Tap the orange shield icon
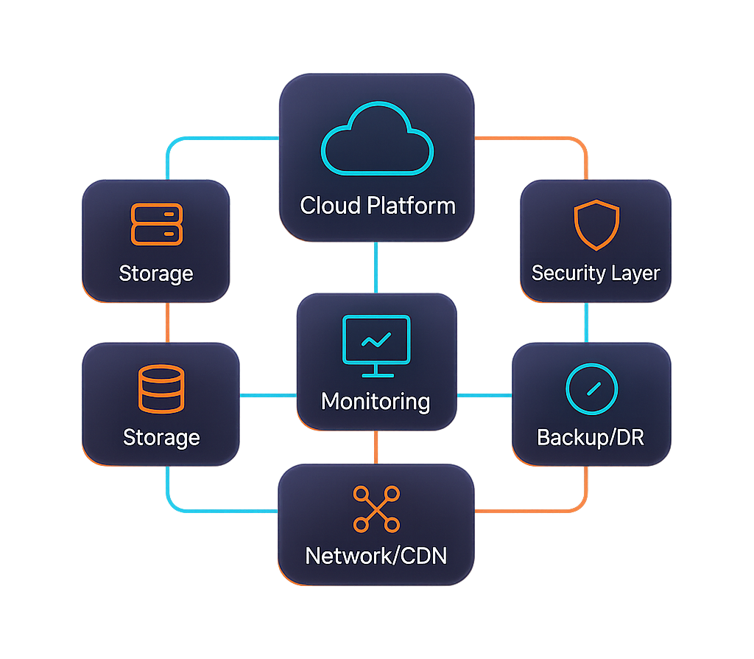pyautogui.click(x=596, y=225)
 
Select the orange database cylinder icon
pyautogui.click(x=160, y=388)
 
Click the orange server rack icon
pyautogui.click(x=156, y=224)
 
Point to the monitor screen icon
pyautogui.click(x=376, y=341)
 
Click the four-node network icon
pyautogui.click(x=376, y=509)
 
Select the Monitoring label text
pyautogui.click(x=376, y=402)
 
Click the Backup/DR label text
pyautogui.click(x=591, y=437)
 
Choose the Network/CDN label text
pyautogui.click(x=376, y=555)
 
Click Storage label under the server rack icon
pyautogui.click(x=156, y=273)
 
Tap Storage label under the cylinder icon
pyautogui.click(x=161, y=437)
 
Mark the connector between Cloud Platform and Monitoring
pyautogui.click(x=376, y=267)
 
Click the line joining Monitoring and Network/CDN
pyautogui.click(x=376, y=447)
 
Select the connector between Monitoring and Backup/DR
pyautogui.click(x=484, y=396)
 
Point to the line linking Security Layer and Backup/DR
pyautogui.click(x=586, y=322)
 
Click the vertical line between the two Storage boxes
pyautogui.click(x=168, y=322)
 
